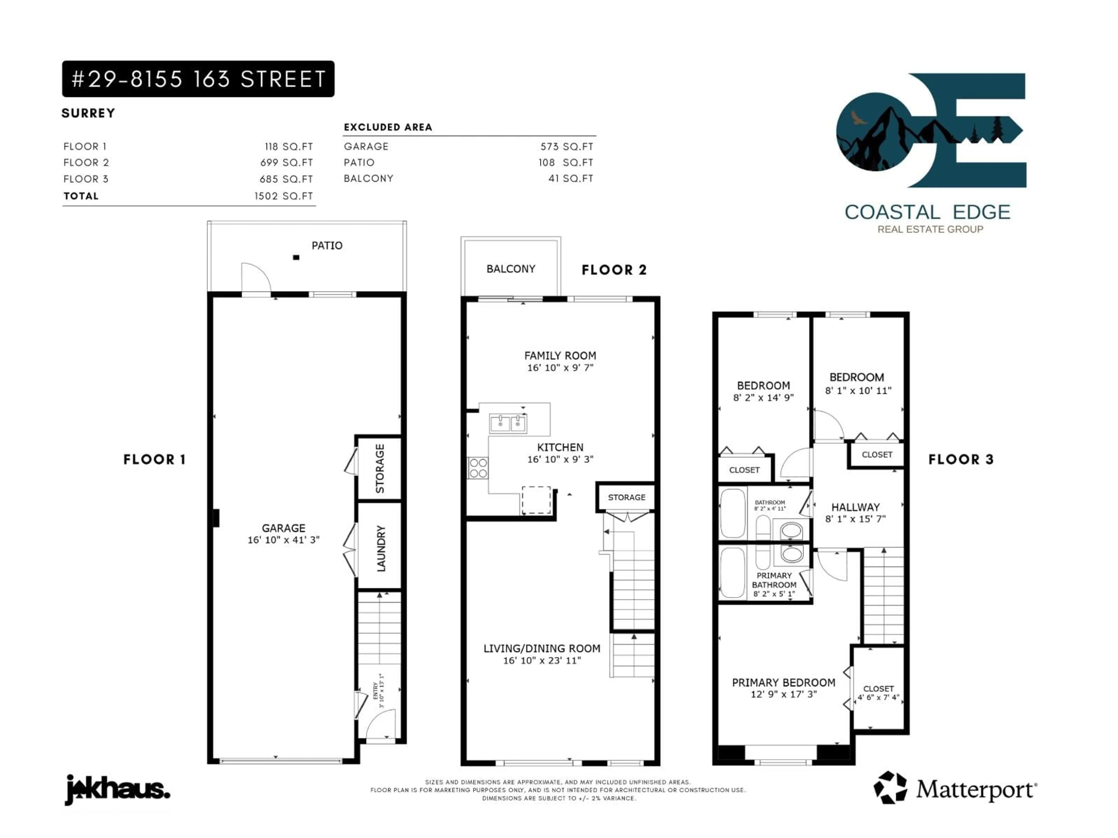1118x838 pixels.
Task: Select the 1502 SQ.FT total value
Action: click(x=284, y=196)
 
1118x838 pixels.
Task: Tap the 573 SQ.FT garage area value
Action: click(x=567, y=146)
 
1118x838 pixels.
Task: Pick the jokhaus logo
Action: click(x=117, y=789)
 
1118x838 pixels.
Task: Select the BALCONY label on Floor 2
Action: click(x=510, y=269)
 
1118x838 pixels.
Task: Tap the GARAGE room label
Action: click(x=284, y=528)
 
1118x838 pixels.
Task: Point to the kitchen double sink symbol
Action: click(x=508, y=423)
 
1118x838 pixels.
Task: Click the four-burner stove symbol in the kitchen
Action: click(x=478, y=468)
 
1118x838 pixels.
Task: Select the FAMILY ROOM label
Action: click(x=560, y=356)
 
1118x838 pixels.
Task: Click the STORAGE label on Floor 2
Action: click(x=626, y=498)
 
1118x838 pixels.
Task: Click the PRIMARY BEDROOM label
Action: click(x=783, y=682)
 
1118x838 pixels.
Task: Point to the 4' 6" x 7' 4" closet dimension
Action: click(x=878, y=697)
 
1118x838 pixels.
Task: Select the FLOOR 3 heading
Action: click(x=961, y=459)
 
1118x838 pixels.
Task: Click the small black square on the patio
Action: click(x=296, y=258)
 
